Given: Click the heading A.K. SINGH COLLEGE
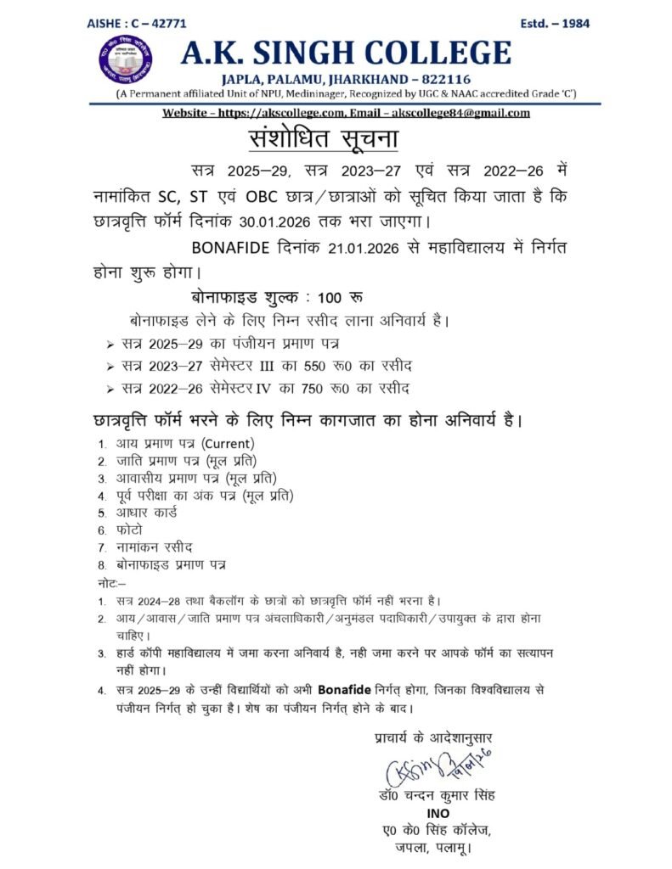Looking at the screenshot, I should tap(346, 53).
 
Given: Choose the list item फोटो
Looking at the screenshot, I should tap(131, 530).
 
